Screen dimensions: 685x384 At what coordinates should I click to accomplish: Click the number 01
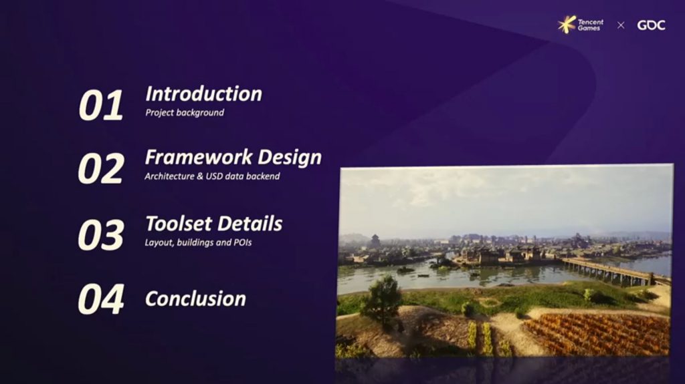pyautogui.click(x=101, y=105)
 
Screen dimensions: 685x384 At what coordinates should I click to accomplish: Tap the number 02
pyautogui.click(x=101, y=168)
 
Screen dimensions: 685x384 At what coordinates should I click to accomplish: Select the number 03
pyautogui.click(x=101, y=235)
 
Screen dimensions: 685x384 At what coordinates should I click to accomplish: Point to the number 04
pyautogui.click(x=101, y=299)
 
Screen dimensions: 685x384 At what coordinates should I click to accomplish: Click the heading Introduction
pyautogui.click(x=203, y=93)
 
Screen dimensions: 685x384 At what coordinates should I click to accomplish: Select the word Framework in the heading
pyautogui.click(x=199, y=157)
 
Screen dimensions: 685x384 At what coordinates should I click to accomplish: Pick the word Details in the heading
pyautogui.click(x=250, y=224)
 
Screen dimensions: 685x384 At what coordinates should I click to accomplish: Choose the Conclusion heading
pyautogui.click(x=196, y=299)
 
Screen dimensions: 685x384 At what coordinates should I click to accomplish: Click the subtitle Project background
pyautogui.click(x=185, y=113)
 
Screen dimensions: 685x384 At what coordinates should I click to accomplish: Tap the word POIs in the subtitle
pyautogui.click(x=242, y=242)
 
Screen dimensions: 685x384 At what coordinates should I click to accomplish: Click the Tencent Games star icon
pyautogui.click(x=567, y=25)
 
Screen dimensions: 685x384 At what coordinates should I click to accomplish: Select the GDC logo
pyautogui.click(x=651, y=25)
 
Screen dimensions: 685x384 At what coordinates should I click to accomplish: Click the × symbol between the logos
pyautogui.click(x=621, y=25)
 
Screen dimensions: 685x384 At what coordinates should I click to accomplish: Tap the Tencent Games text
pyautogui.click(x=591, y=25)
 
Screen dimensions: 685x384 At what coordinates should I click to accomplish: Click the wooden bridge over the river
pyautogui.click(x=611, y=271)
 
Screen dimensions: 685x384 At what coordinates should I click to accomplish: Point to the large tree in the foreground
pyautogui.click(x=382, y=301)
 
